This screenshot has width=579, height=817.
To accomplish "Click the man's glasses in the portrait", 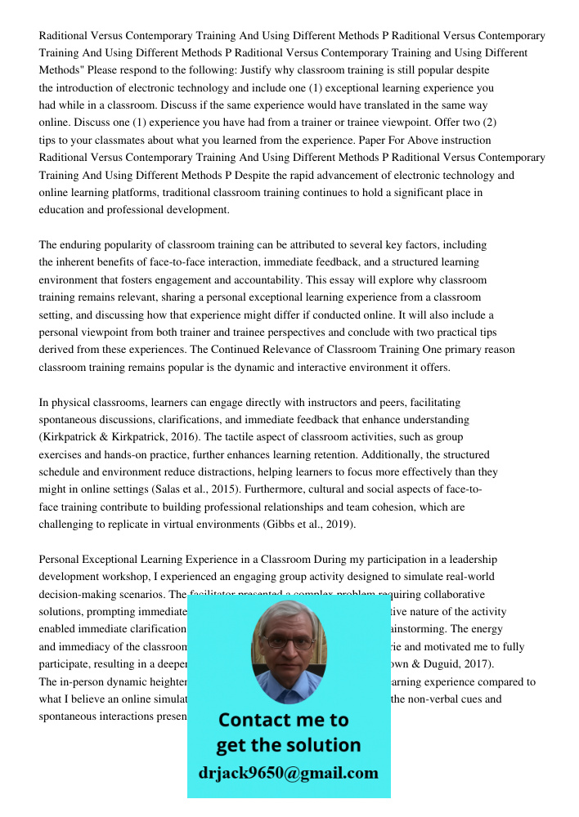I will click(x=288, y=642).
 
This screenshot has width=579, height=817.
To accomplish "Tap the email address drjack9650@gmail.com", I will click(x=289, y=773).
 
